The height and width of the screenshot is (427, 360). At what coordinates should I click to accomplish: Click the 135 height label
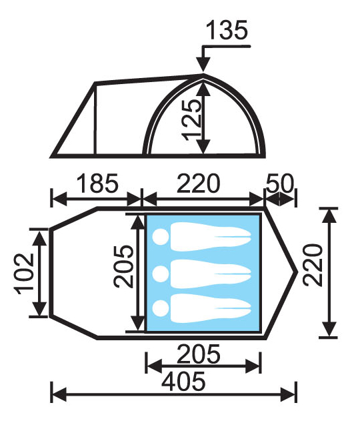click(227, 30)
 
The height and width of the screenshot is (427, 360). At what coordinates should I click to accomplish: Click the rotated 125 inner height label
click(193, 120)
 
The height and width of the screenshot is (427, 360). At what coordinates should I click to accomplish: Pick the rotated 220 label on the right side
click(313, 265)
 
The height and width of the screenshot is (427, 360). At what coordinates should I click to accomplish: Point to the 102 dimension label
click(25, 274)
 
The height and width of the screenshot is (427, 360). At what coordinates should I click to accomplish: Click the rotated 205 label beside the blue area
click(123, 266)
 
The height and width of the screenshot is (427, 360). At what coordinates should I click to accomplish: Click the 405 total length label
click(183, 381)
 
